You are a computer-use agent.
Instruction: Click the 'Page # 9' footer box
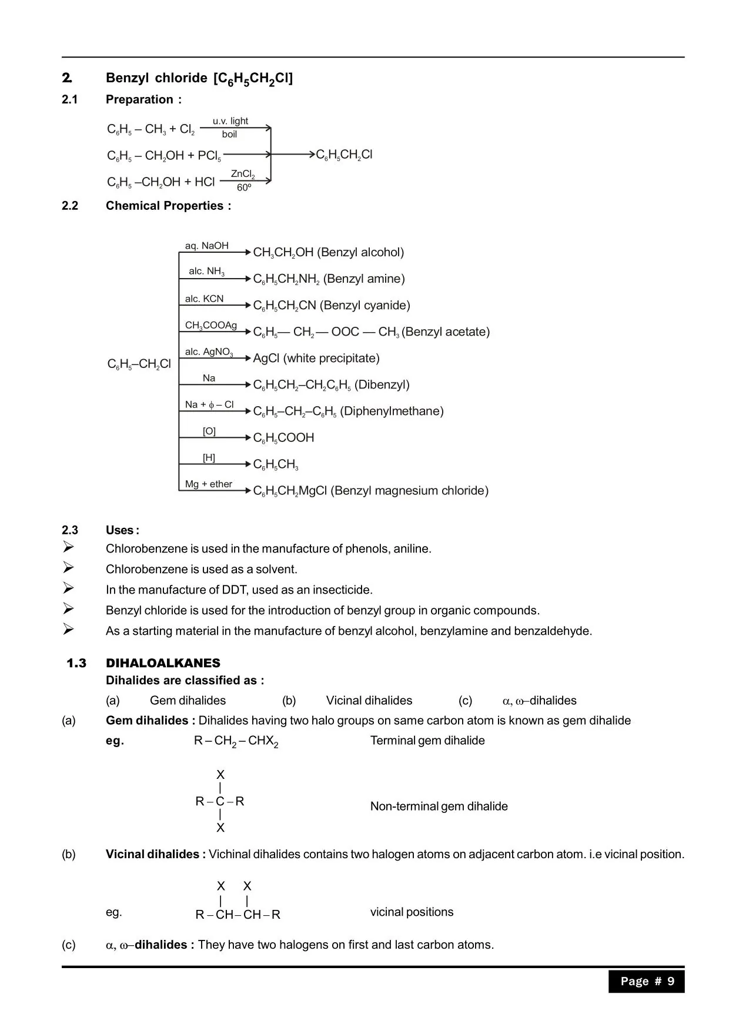(647, 981)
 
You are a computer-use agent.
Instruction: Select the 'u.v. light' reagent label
(230, 121)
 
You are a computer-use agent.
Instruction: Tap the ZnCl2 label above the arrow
(243, 174)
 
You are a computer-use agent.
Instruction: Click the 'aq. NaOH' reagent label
(207, 246)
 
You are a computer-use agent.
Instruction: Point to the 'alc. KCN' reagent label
(204, 299)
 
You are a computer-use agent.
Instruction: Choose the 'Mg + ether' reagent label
(209, 484)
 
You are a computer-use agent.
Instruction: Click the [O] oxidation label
(209, 431)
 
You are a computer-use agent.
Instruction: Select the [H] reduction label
(209, 457)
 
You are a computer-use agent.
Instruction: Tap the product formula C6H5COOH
(283, 438)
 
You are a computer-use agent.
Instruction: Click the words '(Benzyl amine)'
(364, 279)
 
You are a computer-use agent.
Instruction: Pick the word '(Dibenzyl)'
(382, 384)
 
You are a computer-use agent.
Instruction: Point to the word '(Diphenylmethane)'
(392, 411)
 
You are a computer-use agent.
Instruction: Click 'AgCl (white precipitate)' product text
(316, 358)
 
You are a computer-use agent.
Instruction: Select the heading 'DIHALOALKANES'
(163, 663)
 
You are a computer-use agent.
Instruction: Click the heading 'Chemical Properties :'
(168, 206)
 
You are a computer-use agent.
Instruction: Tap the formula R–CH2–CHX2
(236, 741)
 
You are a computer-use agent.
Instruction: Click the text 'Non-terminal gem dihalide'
(439, 806)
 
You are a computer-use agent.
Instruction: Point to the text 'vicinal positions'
(412, 912)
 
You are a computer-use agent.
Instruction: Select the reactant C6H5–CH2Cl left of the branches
(139, 364)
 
